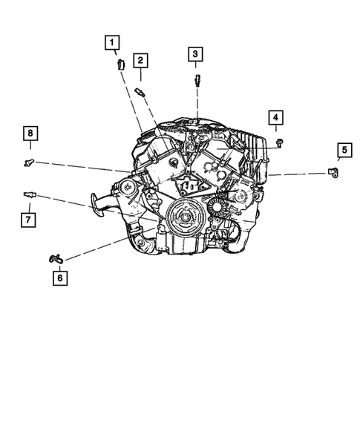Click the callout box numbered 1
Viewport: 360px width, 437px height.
[113, 43]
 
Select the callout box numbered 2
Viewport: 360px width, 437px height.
[140, 61]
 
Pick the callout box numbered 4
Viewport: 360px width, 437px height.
[275, 118]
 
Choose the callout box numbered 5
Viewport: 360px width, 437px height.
[344, 151]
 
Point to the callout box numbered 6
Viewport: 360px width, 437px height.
[58, 278]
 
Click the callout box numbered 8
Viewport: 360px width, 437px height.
[29, 134]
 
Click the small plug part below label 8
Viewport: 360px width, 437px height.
[29, 160]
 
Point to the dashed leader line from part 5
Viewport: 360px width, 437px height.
[297, 173]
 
